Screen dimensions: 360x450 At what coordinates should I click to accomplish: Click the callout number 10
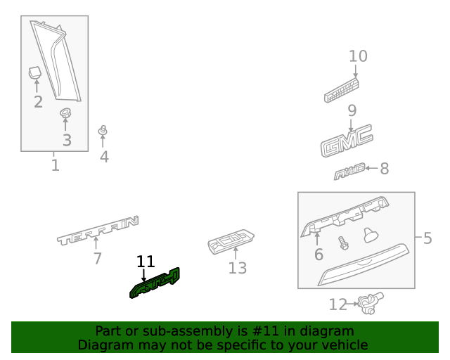point(358,56)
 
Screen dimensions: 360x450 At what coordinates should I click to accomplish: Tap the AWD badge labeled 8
point(350,170)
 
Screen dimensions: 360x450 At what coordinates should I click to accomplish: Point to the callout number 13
point(238,268)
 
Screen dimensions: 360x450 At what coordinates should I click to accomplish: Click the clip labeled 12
point(366,304)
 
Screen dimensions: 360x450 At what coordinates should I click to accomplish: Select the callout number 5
point(427,238)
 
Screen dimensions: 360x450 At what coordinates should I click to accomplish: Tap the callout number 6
point(318,254)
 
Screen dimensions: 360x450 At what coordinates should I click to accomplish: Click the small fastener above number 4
point(103,131)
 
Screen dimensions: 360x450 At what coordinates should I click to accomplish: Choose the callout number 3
point(67,140)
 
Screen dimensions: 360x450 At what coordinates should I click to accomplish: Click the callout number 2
point(38,101)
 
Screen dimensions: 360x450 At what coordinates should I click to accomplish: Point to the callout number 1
point(55,166)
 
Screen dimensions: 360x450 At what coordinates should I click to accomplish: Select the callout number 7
point(98,259)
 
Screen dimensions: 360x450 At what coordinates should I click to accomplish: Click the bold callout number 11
point(146,262)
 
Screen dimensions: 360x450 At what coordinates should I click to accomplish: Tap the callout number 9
point(352,110)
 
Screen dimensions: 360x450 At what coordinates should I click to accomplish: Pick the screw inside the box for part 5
point(344,243)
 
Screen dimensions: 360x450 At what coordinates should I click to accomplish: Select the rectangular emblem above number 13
point(231,241)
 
